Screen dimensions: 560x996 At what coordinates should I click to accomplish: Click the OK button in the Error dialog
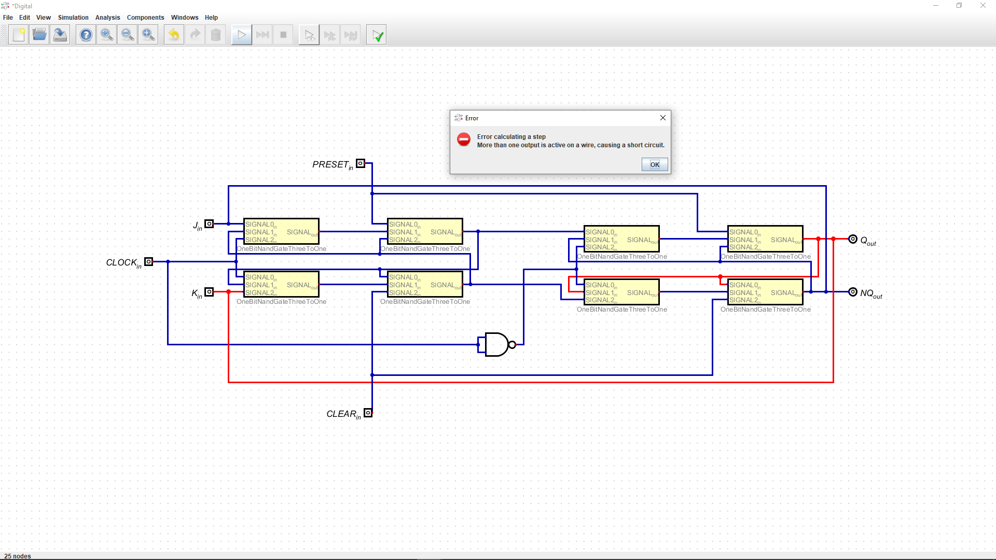655,164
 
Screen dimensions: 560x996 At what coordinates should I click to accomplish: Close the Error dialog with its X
662,118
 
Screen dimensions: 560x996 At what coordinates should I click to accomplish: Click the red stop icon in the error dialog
464,139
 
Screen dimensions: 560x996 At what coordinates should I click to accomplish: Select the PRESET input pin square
361,163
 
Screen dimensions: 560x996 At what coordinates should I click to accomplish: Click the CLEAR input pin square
368,413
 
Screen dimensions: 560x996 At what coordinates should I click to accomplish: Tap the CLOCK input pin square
149,261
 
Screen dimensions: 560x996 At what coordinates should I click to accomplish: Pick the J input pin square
209,224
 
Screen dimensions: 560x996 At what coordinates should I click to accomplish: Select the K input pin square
209,292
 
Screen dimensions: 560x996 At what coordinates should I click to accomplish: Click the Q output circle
853,239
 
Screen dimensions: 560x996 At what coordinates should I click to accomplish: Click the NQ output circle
853,292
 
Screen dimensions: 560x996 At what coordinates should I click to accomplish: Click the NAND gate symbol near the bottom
497,344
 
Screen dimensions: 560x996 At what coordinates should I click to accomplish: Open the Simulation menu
73,17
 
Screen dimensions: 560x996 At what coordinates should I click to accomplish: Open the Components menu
145,17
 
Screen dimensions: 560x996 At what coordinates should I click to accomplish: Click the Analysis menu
107,17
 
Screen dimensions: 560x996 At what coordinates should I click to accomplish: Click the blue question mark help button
86,35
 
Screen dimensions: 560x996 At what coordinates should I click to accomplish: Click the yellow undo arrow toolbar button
174,35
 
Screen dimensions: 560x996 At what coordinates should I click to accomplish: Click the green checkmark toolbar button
377,35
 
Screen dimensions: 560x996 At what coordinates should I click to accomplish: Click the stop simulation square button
283,35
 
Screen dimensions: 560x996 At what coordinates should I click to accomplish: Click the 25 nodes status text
18,556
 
